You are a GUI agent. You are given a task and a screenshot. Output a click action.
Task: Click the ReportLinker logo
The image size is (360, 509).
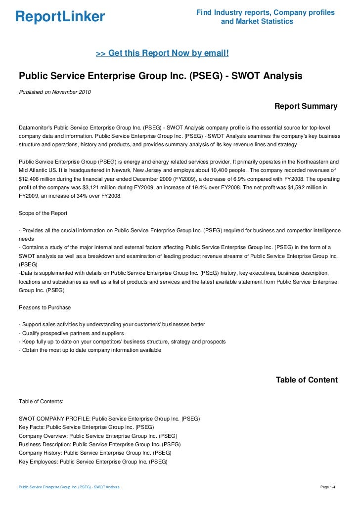point(60,17)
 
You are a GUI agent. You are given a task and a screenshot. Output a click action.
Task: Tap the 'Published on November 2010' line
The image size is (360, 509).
point(55,91)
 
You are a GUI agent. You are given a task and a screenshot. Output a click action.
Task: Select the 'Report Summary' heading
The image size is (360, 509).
point(306,106)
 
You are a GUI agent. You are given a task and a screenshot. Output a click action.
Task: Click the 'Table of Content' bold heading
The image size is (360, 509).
point(307,380)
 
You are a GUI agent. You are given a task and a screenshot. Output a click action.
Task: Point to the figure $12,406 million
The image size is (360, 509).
point(37,179)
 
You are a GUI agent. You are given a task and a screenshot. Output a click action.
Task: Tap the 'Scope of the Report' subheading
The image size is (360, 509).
point(43,213)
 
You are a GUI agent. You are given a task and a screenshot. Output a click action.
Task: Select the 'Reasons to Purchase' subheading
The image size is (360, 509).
point(45,307)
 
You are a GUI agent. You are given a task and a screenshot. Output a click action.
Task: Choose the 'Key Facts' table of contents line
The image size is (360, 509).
point(86,426)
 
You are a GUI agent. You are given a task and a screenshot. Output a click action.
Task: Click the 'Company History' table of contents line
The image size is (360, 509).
point(95,452)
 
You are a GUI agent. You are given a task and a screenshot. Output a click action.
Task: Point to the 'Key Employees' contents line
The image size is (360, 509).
point(93,461)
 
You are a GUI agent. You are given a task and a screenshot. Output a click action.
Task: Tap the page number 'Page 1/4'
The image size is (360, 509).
point(328,487)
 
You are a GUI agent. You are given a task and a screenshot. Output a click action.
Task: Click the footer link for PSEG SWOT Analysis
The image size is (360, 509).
point(69,487)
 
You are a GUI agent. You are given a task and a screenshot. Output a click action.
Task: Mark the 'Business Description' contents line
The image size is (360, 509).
point(99,444)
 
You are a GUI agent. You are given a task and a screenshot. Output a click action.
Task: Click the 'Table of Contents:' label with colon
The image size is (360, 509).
point(41,401)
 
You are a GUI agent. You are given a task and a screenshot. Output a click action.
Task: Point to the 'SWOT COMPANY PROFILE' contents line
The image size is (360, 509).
point(109,418)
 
